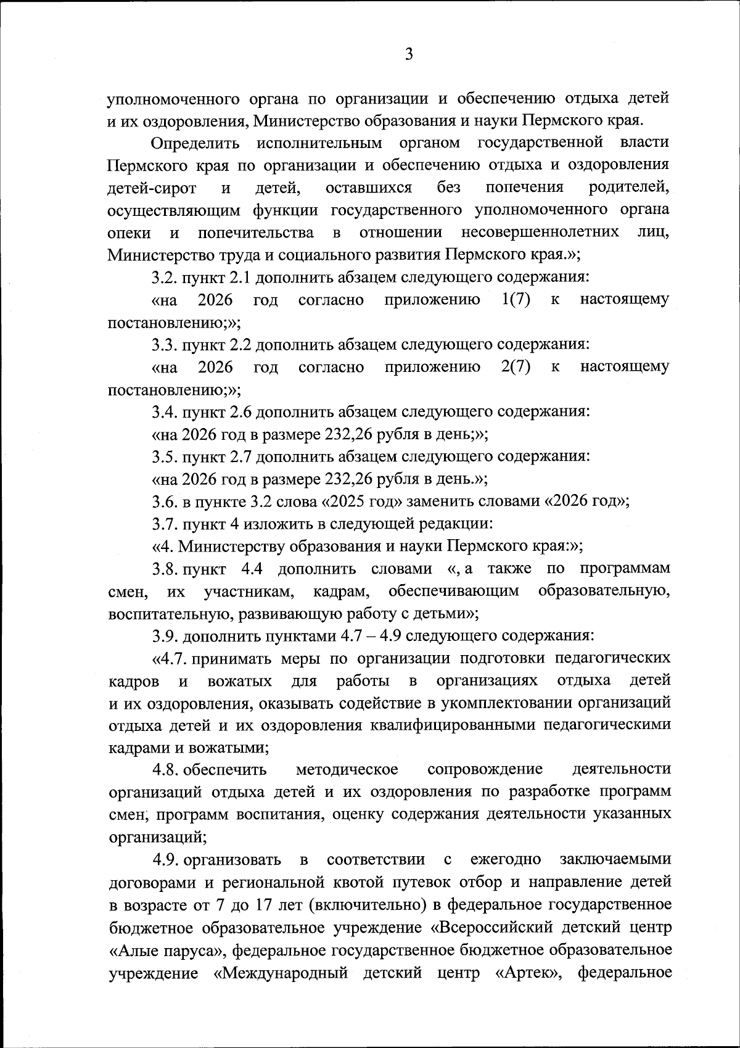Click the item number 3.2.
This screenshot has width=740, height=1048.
point(165,278)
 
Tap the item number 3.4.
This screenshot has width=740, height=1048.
point(165,411)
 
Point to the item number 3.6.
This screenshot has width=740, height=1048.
point(165,501)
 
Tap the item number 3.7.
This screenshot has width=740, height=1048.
point(165,524)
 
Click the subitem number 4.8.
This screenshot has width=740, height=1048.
point(166,770)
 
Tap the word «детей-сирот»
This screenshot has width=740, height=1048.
point(152,188)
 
